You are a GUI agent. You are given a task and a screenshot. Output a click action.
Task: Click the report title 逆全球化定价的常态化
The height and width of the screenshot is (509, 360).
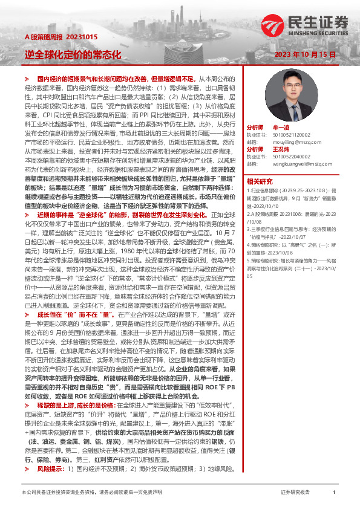tap(73, 54)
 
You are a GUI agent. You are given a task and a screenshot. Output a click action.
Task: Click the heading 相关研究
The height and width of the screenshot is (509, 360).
tap(260, 181)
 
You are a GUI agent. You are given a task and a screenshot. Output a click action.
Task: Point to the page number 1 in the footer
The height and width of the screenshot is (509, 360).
tap(334, 493)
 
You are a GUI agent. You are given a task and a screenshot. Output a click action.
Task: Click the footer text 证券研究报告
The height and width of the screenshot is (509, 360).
tap(295, 493)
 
